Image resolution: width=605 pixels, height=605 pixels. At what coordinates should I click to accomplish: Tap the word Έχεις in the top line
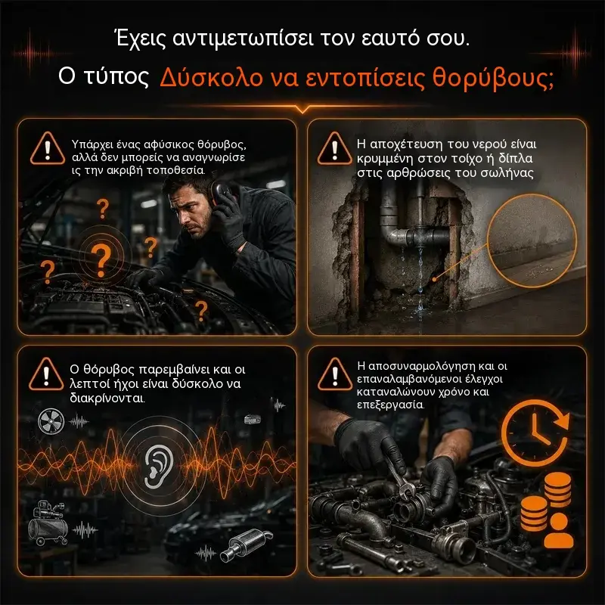(141, 39)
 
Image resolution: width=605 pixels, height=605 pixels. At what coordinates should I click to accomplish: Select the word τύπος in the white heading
(116, 76)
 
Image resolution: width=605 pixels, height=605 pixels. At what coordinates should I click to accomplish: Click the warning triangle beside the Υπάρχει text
(48, 149)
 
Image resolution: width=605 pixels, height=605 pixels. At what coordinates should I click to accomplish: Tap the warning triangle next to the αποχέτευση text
(334, 149)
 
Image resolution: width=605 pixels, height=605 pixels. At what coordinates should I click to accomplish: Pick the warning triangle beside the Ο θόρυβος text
(46, 374)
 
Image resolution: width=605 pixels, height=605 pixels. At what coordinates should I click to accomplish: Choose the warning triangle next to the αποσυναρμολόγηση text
(335, 374)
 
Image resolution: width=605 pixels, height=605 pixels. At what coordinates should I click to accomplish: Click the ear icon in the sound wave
(158, 466)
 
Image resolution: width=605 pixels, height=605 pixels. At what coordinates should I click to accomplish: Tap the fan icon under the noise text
(51, 421)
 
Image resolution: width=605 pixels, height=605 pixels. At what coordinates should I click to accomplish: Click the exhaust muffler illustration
(246, 544)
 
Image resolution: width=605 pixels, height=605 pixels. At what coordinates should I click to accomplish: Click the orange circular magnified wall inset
(532, 240)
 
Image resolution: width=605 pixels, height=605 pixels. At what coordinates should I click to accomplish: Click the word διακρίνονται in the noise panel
(107, 398)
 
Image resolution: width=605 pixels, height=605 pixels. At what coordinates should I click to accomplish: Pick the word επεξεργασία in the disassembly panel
(390, 405)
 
